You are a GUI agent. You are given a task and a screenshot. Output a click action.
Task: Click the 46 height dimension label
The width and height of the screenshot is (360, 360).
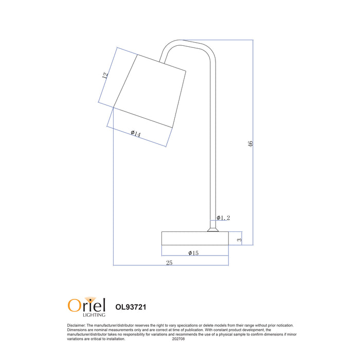click(x=250, y=144)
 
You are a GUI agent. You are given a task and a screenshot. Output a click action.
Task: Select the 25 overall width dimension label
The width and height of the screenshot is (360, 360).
click(x=169, y=263)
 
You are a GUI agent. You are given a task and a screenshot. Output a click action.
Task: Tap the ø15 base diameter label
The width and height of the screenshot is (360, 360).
click(x=193, y=253)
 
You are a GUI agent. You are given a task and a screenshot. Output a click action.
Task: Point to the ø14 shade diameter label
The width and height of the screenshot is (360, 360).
click(x=136, y=133)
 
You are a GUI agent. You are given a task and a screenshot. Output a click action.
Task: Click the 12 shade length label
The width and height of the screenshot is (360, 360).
click(x=105, y=75)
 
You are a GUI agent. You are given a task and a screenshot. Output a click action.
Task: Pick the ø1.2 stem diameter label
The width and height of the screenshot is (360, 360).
click(x=223, y=218)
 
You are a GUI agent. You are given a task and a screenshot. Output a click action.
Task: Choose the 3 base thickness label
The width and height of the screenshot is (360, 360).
click(x=239, y=240)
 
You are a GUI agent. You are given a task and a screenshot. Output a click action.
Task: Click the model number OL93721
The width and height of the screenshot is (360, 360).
click(x=131, y=307)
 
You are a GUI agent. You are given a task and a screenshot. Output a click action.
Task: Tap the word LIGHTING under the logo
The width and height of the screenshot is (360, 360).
click(x=94, y=315)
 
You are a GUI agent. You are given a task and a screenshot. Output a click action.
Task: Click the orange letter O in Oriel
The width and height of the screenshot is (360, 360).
click(x=74, y=305)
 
